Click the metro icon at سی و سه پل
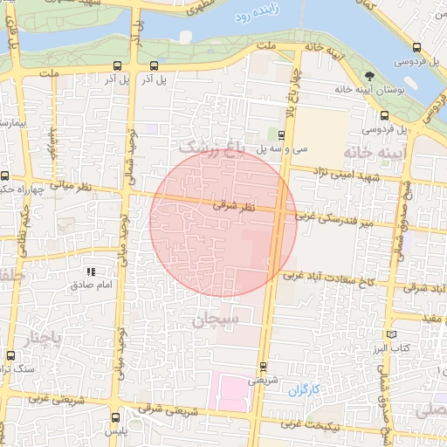click(281, 134)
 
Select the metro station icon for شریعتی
click(263, 367)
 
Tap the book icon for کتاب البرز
click(391, 334)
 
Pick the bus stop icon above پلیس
click(116, 417)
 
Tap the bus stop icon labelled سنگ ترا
click(10, 355)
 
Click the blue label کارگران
click(305, 388)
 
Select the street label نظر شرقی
click(235, 206)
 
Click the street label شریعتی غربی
click(35, 398)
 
